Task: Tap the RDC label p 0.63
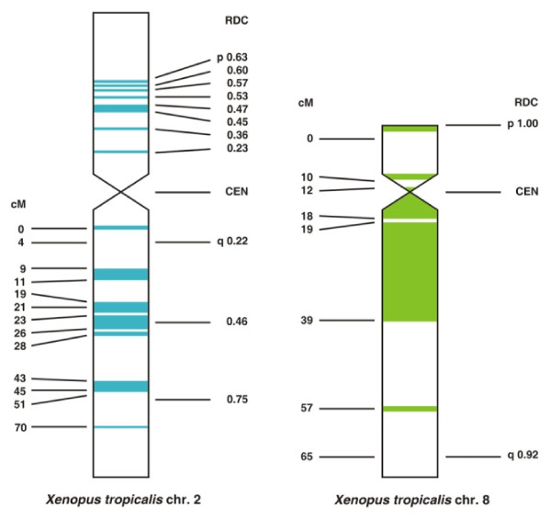[x=232, y=58]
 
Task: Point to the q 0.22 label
[x=232, y=242]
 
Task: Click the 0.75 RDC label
[x=237, y=400]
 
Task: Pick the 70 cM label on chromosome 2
[x=18, y=427]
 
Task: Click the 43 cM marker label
[x=18, y=378]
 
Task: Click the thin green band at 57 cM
[x=410, y=409]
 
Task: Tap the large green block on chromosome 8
[x=410, y=271]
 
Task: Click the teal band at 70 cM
[x=120, y=427]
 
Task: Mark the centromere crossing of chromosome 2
[x=120, y=193]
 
